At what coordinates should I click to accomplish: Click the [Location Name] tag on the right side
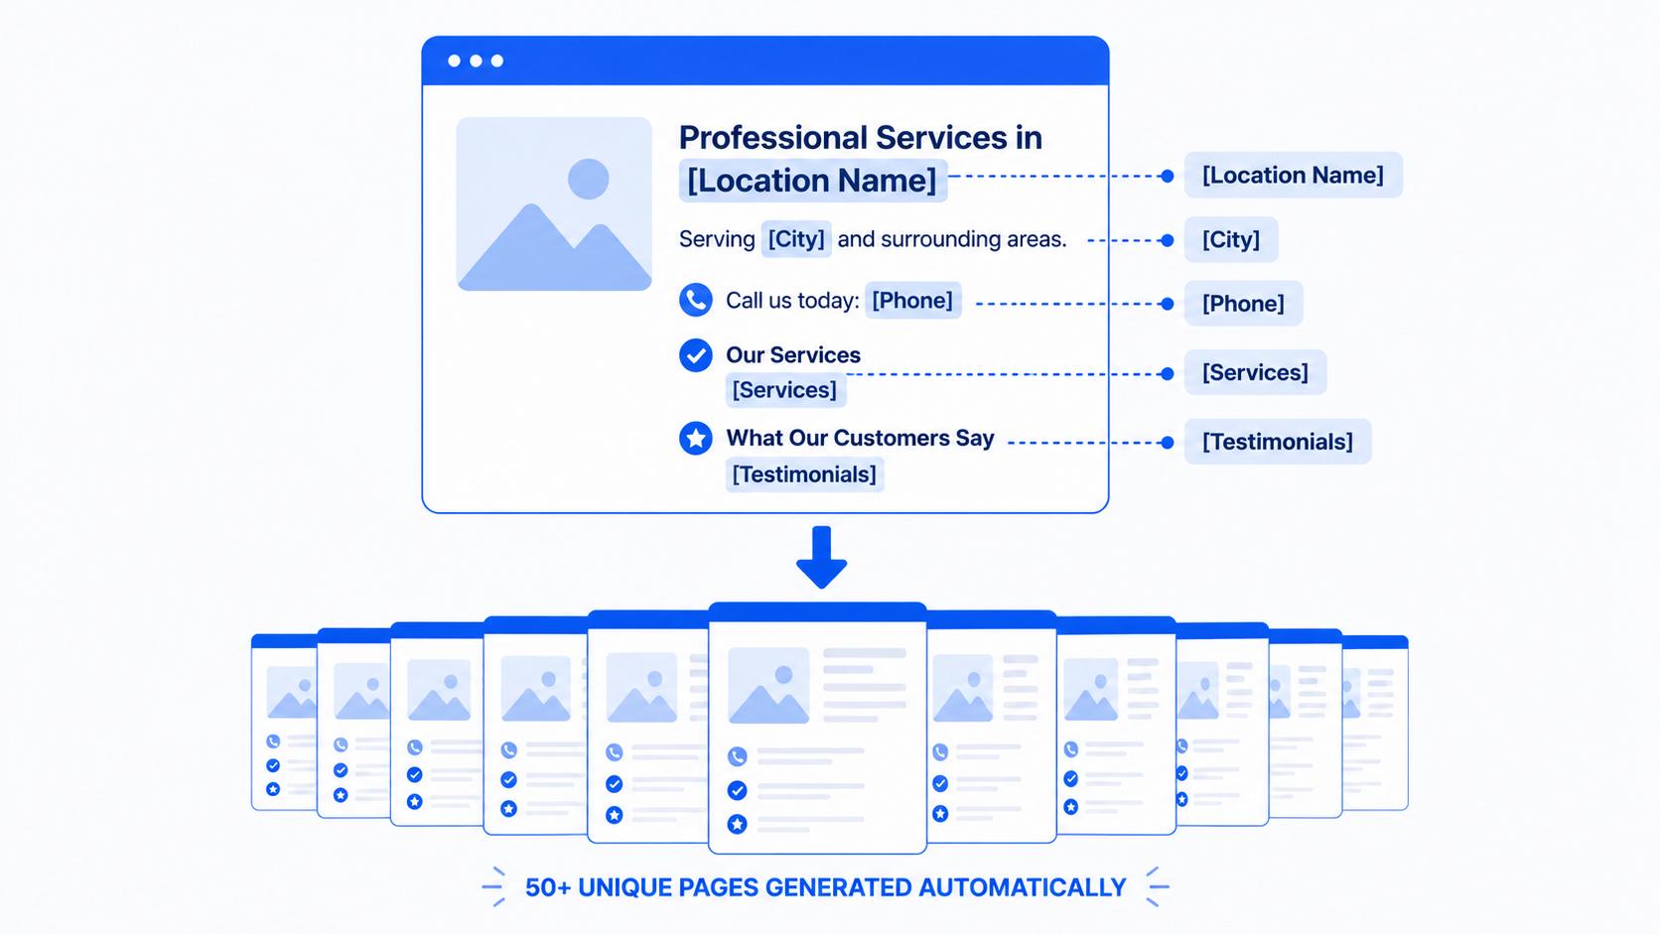click(x=1294, y=175)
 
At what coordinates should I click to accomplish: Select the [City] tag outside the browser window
click(x=1231, y=239)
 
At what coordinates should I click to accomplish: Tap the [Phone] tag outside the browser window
click(x=1244, y=303)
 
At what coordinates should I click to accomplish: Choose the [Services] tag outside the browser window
click(x=1255, y=372)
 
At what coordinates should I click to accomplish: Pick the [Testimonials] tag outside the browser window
click(x=1278, y=442)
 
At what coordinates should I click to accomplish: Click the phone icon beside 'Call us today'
click(x=696, y=300)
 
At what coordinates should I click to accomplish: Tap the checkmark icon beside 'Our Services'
click(x=696, y=354)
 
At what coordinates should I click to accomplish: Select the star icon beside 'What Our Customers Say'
click(x=696, y=438)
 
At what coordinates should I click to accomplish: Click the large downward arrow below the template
click(x=821, y=557)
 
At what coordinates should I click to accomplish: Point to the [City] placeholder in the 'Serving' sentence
click(x=796, y=238)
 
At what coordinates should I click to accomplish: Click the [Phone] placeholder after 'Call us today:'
click(x=912, y=300)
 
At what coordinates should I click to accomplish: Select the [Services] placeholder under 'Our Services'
click(x=784, y=390)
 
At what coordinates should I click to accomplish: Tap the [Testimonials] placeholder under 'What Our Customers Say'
click(x=804, y=474)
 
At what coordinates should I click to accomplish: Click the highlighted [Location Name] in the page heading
click(x=812, y=181)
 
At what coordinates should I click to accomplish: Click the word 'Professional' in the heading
click(x=773, y=138)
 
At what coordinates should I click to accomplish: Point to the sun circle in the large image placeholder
click(x=589, y=179)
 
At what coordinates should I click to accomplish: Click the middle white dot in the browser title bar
click(x=476, y=61)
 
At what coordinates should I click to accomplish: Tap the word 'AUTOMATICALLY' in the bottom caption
click(x=1023, y=887)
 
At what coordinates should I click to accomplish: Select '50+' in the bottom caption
click(x=548, y=887)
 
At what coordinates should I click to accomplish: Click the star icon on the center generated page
click(x=737, y=824)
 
